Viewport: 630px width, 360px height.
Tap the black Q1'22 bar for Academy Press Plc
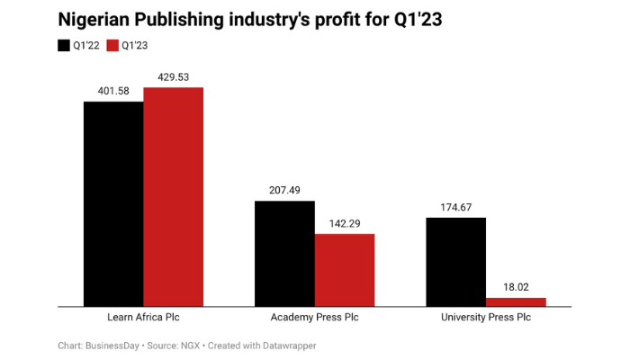(x=284, y=253)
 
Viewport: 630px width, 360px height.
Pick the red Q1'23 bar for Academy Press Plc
(x=345, y=270)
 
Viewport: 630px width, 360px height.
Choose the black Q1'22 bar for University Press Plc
(x=455, y=261)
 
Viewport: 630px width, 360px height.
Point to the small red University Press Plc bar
(x=516, y=301)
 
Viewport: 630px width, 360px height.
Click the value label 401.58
(x=113, y=91)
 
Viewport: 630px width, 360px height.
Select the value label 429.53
(x=174, y=76)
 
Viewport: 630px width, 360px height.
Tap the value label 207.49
(x=284, y=190)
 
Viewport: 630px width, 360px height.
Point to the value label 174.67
(x=455, y=207)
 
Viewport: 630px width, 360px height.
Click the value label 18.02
(x=516, y=287)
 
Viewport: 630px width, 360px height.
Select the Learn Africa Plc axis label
(x=144, y=318)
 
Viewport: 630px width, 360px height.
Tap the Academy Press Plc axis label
(x=315, y=318)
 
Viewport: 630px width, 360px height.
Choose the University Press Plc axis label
(x=486, y=318)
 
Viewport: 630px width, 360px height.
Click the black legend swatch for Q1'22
(x=64, y=45)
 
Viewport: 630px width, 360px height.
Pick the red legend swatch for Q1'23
(x=112, y=45)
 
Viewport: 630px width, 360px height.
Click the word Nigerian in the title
(x=94, y=19)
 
